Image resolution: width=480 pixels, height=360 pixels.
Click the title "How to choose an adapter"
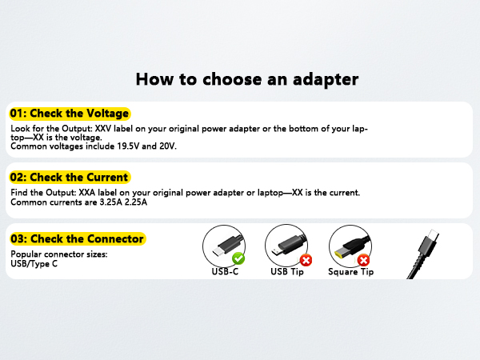coord(246,79)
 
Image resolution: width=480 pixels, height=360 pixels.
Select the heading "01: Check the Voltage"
coord(69,114)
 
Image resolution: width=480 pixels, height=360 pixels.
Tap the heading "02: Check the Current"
coord(69,177)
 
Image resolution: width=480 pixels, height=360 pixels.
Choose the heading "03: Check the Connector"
coord(77,238)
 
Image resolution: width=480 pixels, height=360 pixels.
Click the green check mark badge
coord(238,259)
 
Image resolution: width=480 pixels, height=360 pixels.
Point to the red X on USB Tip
coord(306,260)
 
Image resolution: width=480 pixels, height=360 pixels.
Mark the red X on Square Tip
coord(363,260)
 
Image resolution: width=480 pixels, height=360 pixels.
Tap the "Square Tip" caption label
coord(350,272)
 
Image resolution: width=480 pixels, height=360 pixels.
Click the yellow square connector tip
coord(349,243)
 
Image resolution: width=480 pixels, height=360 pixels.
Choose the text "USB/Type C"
coord(34,262)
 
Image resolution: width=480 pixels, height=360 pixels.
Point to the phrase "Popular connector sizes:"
coord(59,254)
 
